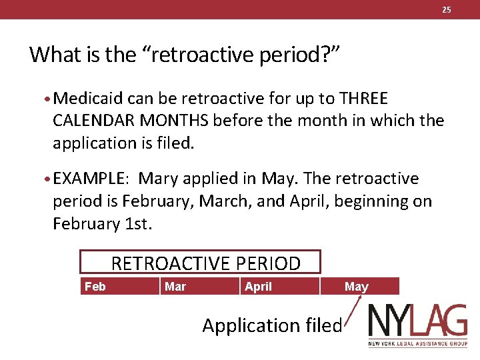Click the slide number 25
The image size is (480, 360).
point(447,9)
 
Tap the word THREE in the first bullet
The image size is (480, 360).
point(363,99)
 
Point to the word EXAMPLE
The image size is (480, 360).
point(89,179)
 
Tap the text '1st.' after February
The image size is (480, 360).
point(139,223)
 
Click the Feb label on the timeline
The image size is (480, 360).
point(95,287)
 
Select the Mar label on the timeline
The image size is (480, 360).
point(175,287)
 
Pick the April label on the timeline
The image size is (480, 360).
point(258,287)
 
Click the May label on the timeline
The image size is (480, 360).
point(356,287)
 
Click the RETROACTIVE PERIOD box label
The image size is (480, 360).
point(205,263)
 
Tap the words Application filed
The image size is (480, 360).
point(272,325)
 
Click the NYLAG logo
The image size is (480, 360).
point(418,325)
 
